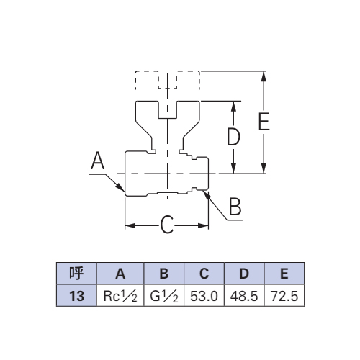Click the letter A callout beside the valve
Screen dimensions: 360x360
98,161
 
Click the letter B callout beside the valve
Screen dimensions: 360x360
235,206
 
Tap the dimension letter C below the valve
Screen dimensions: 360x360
167,225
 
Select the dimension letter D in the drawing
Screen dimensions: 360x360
233,137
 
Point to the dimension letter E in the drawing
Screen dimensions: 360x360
264,121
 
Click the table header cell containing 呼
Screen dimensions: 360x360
76,274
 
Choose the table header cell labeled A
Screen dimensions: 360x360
120,274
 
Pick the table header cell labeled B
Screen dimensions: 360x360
164,274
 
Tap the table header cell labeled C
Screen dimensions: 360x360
204,274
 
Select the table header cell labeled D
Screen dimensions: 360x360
244,274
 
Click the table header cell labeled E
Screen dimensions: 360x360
284,274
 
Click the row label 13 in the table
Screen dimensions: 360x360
76,296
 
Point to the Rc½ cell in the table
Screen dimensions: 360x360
120,296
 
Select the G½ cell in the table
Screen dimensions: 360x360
164,296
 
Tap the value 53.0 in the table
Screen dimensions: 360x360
204,296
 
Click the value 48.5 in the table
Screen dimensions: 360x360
244,296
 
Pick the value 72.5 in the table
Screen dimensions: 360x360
284,296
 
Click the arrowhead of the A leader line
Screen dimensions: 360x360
121,188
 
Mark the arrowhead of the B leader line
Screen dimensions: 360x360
207,194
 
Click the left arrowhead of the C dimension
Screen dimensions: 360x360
130,225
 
